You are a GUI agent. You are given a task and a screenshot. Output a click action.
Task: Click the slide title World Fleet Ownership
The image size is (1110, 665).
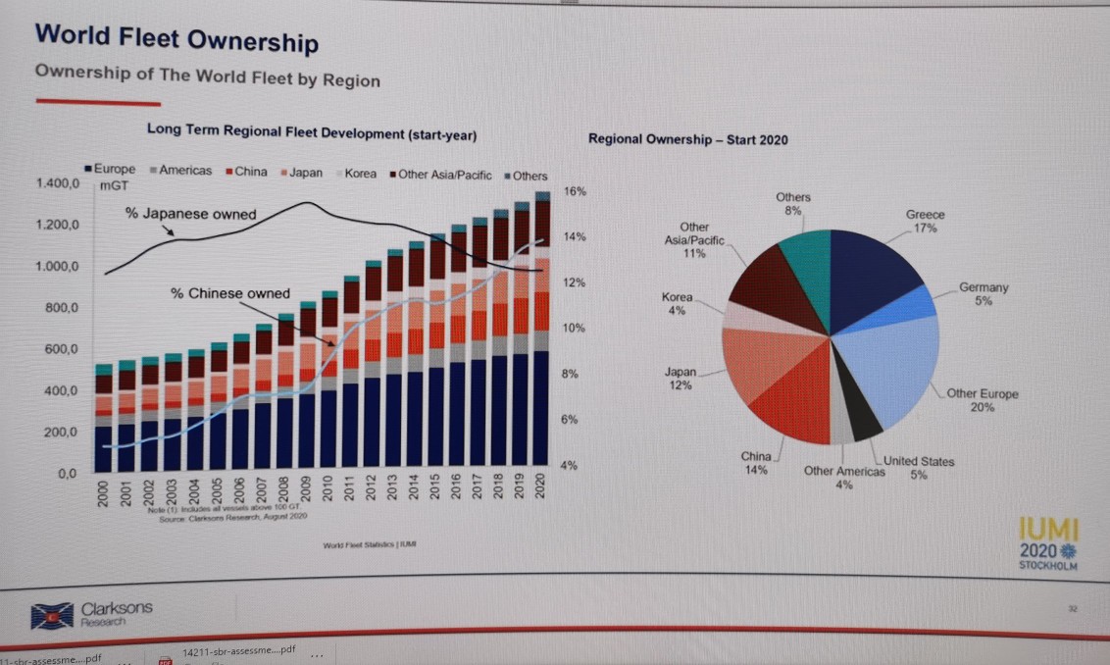[x=177, y=41]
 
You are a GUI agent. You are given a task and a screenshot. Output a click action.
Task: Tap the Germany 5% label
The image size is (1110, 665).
[x=984, y=294]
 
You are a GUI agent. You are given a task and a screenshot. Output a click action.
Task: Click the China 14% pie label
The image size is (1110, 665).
[x=756, y=463]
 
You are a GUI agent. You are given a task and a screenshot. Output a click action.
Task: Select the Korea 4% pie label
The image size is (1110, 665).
[x=677, y=302]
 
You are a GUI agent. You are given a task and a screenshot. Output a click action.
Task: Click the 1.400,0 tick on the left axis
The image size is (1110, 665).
[x=55, y=184]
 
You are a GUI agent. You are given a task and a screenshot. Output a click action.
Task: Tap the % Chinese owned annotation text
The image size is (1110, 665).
[x=230, y=292]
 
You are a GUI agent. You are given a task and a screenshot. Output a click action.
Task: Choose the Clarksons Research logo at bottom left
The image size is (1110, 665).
[x=93, y=615]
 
